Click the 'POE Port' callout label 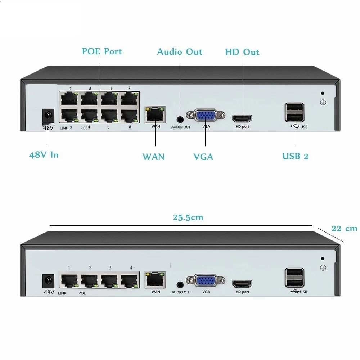pyautogui.click(x=102, y=51)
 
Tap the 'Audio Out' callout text pyautogui.click(x=180, y=51)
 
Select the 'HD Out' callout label pyautogui.click(x=242, y=52)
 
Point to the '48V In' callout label pyautogui.click(x=44, y=155)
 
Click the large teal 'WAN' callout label pyautogui.click(x=153, y=157)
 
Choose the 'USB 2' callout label pyautogui.click(x=295, y=156)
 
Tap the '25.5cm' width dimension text pyautogui.click(x=188, y=217)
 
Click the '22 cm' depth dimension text pyautogui.click(x=344, y=229)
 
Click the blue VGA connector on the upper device pyautogui.click(x=206, y=115)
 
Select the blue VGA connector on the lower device pyautogui.click(x=206, y=280)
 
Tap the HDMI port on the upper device pyautogui.click(x=242, y=119)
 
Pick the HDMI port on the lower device pyautogui.click(x=242, y=284)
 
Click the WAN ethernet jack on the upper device pyautogui.click(x=155, y=114)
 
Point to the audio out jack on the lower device pyautogui.click(x=180, y=285)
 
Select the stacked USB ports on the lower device pyautogui.click(x=294, y=278)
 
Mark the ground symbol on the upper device pyautogui.click(x=323, y=102)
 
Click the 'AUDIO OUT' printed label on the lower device pyautogui.click(x=181, y=292)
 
